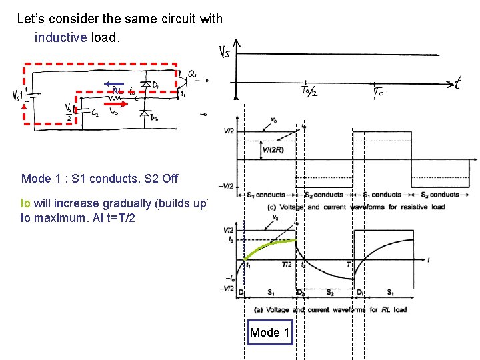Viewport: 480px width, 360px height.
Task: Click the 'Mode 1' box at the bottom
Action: [270, 332]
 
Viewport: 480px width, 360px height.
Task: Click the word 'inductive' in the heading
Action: [61, 37]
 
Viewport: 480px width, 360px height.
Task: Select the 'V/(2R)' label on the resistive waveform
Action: [272, 150]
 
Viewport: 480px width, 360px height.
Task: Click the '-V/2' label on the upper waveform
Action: [227, 186]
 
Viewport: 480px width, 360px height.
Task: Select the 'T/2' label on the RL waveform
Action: [286, 265]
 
